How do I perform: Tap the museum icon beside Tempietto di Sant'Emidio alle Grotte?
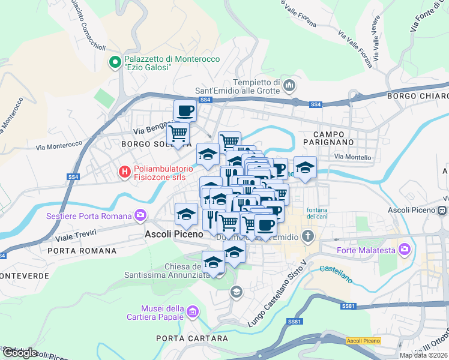(x=289, y=86)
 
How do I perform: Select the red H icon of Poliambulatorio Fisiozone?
(x=124, y=172)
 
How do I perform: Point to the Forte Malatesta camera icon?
(x=404, y=248)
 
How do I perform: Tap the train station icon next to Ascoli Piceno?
(x=442, y=211)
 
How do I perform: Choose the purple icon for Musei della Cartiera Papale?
(x=192, y=311)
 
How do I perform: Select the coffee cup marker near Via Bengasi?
(x=185, y=110)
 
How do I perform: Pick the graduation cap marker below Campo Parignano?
(x=305, y=167)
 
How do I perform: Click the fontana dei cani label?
(x=316, y=213)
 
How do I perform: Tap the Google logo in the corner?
(x=20, y=353)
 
